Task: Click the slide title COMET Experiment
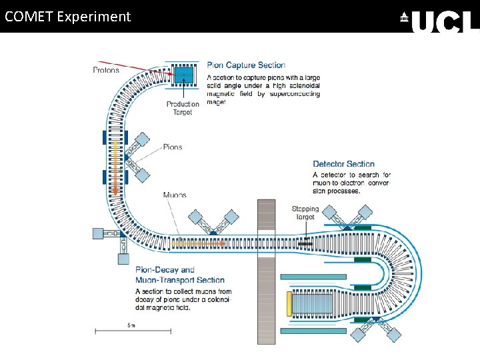(67, 17)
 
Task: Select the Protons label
(106, 70)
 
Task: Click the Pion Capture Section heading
(246, 65)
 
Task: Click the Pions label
(173, 147)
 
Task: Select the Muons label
(175, 195)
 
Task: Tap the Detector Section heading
(343, 164)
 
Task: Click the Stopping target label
(304, 213)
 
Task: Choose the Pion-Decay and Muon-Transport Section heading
(179, 275)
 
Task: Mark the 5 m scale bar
(131, 329)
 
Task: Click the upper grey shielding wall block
(266, 214)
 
